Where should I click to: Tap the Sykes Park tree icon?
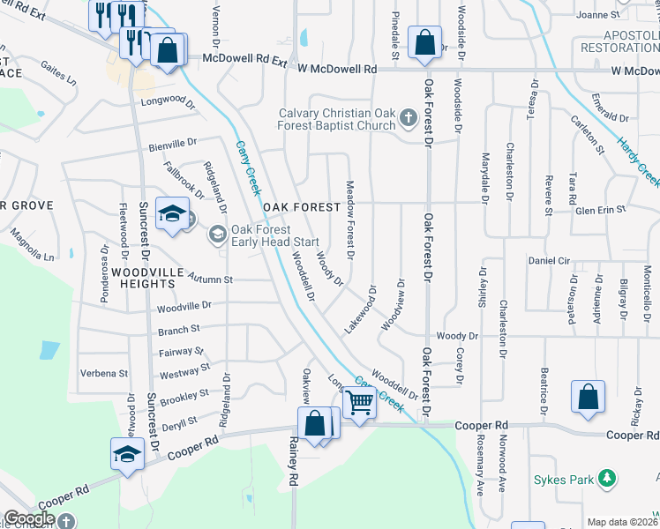coord(606,479)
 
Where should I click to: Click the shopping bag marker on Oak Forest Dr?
coord(424,42)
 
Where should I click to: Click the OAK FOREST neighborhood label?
coord(301,207)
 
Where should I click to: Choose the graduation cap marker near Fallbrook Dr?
coord(172,214)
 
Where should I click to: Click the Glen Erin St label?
coord(600,209)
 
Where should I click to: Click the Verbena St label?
coord(104,373)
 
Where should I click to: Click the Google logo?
coord(29,519)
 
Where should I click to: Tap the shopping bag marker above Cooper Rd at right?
coord(588,398)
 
